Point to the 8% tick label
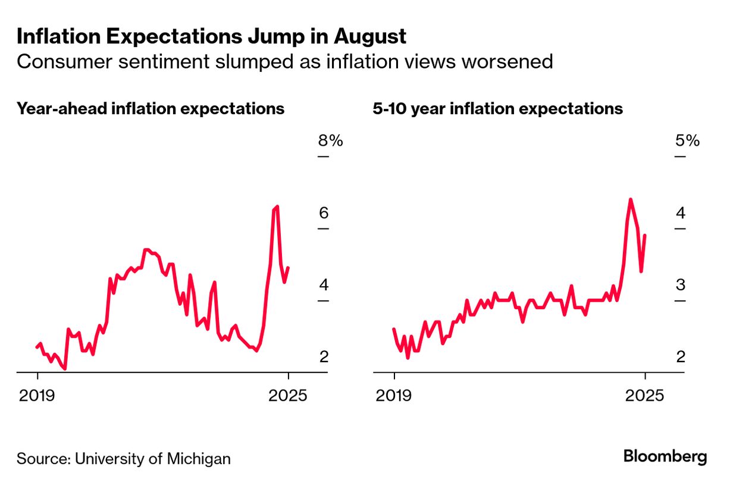pyautogui.click(x=331, y=141)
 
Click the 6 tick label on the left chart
pyautogui.click(x=324, y=213)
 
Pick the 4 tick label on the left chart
pyautogui.click(x=324, y=285)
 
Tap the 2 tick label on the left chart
pyautogui.click(x=324, y=357)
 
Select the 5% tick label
pyautogui.click(x=687, y=141)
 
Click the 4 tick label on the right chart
pyautogui.click(x=681, y=213)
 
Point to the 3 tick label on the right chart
pyautogui.click(x=681, y=285)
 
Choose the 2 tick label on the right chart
pyautogui.click(x=681, y=357)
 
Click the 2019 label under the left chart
pyautogui.click(x=37, y=395)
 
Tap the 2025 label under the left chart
pyautogui.click(x=288, y=395)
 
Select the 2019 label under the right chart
pyautogui.click(x=394, y=395)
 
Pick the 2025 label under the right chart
pyautogui.click(x=644, y=395)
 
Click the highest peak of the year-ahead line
pyautogui.click(x=277, y=206)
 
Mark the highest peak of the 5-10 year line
pyautogui.click(x=631, y=199)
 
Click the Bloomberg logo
pyautogui.click(x=665, y=457)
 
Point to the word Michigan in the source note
pyautogui.click(x=199, y=459)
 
